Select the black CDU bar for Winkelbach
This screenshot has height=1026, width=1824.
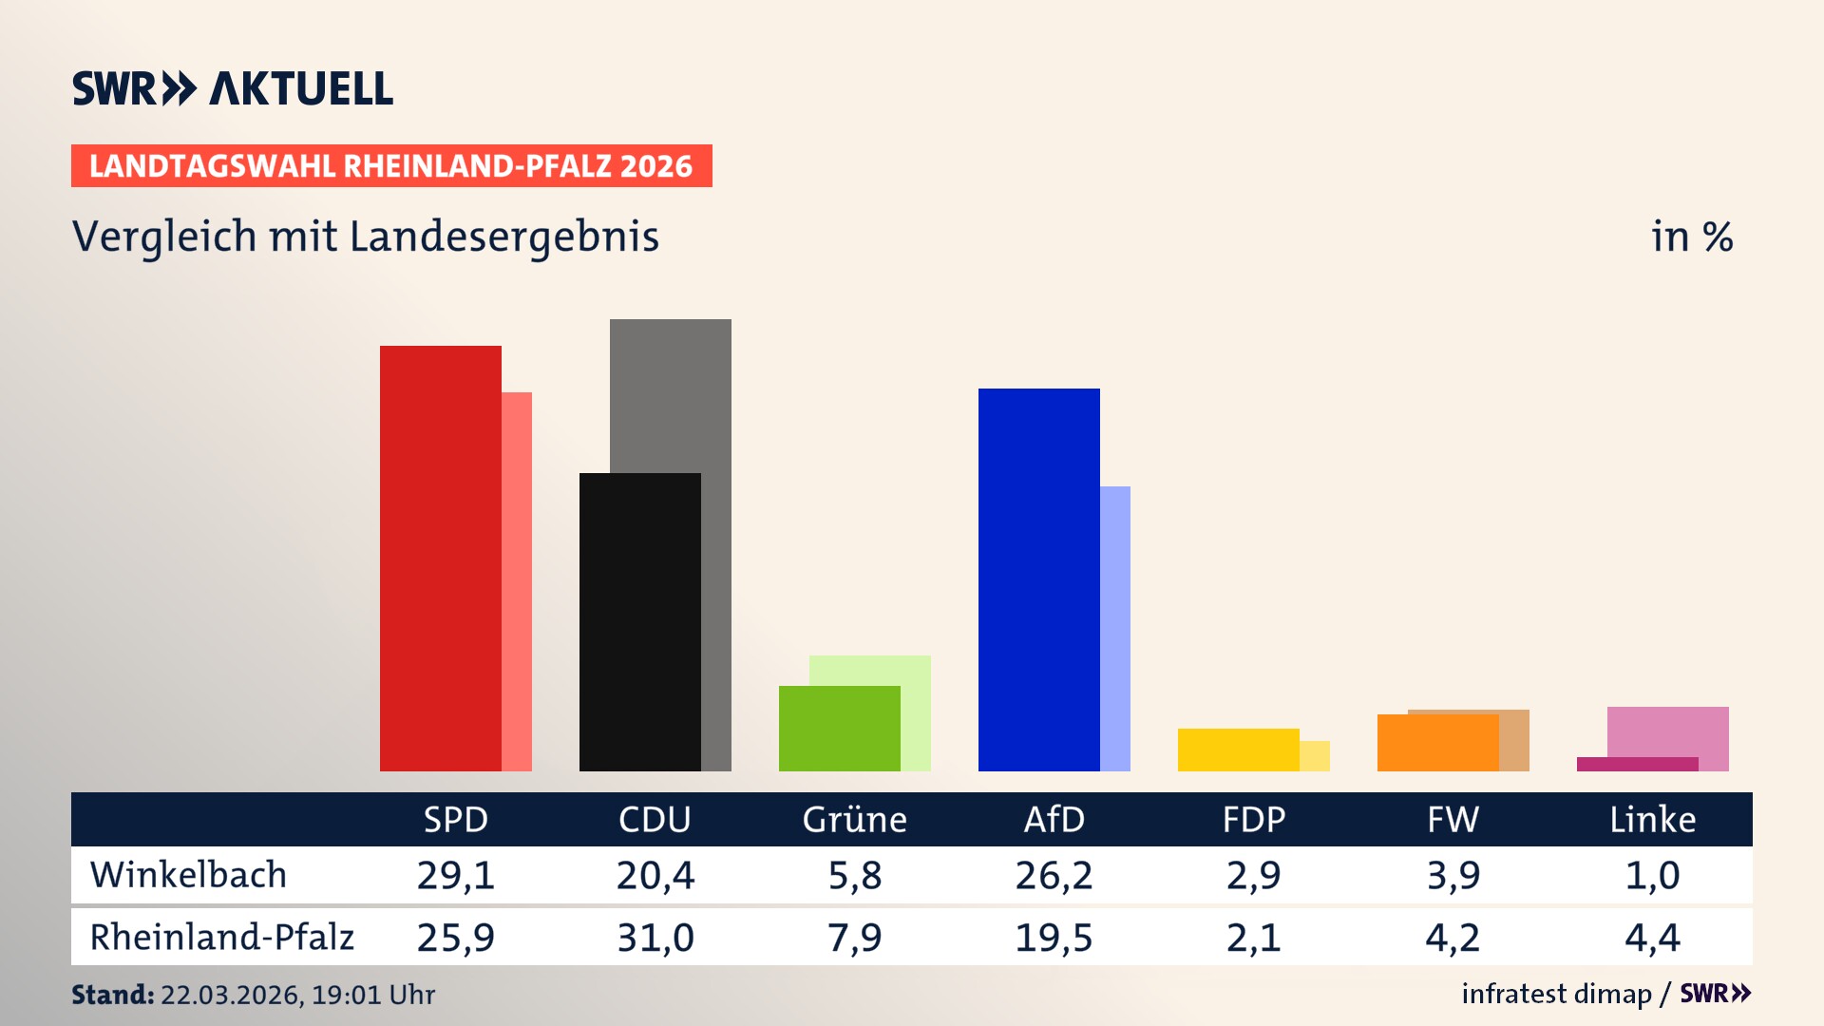[x=639, y=622]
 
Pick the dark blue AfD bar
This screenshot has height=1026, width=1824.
[x=1038, y=579]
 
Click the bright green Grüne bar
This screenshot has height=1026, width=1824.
[x=839, y=729]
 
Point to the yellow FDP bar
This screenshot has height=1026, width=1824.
[x=1238, y=750]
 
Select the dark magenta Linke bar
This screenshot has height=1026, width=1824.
[x=1637, y=764]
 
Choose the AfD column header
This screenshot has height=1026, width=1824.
[x=1054, y=819]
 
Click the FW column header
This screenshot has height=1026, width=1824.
[x=1453, y=819]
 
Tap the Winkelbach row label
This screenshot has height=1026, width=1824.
[x=188, y=875]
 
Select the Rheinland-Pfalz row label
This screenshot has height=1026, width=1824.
[x=221, y=938]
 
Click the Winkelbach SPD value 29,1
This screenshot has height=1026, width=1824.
[x=455, y=875]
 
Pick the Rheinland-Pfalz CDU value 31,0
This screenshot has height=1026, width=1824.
[x=655, y=938]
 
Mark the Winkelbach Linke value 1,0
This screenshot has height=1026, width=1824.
[x=1652, y=875]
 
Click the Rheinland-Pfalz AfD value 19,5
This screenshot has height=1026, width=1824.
[x=1054, y=938]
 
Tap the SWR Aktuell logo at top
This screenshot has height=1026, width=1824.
[x=233, y=88]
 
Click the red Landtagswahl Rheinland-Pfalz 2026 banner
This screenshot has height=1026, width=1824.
[x=391, y=166]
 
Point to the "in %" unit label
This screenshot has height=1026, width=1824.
[x=1691, y=237]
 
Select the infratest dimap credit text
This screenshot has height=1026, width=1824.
[x=1556, y=994]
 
